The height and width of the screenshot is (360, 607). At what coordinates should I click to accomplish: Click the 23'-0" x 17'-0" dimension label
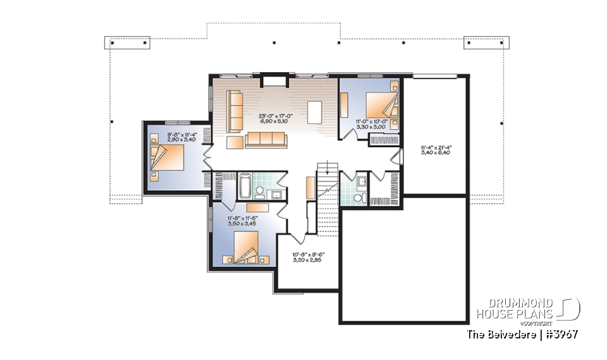(x=274, y=118)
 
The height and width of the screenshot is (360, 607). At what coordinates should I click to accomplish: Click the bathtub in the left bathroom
(x=245, y=187)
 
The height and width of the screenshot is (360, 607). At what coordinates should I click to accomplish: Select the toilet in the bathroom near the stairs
(x=358, y=199)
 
